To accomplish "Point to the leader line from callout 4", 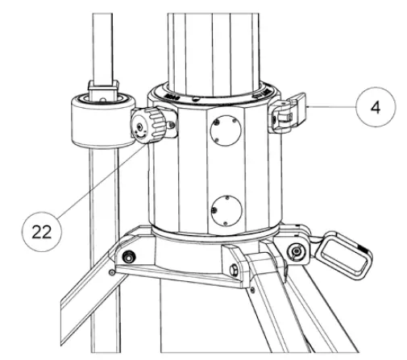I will (x=326, y=107).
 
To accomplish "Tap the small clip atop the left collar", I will (x=100, y=86).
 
